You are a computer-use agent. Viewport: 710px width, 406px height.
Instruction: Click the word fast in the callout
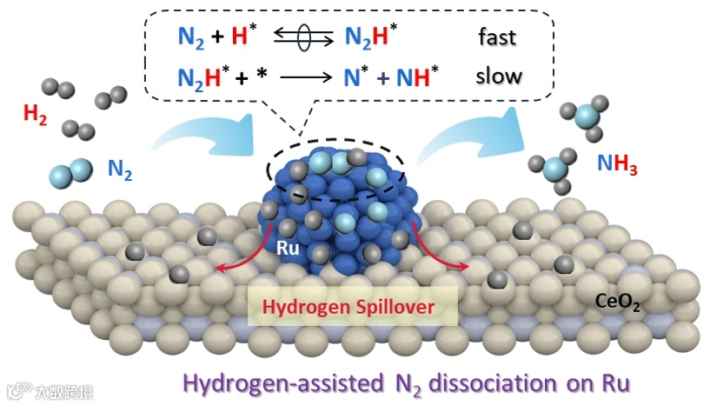coord(498,38)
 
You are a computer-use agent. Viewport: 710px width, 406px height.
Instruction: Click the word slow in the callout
coord(499,77)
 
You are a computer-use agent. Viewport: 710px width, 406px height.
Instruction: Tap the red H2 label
coord(36,116)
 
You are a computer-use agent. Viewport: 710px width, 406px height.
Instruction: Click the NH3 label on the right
coord(617,164)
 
